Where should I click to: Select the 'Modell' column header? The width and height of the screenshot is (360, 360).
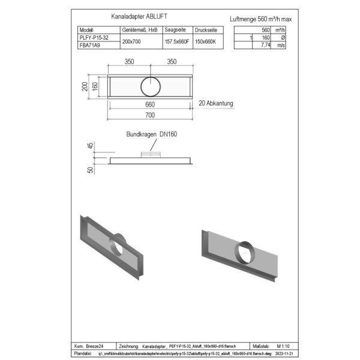87,29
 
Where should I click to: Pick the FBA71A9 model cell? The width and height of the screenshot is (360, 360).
89,44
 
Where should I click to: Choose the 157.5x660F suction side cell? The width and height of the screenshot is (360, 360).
177,40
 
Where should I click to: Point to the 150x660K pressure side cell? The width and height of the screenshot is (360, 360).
207,40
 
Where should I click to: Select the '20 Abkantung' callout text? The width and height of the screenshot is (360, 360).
215,103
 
